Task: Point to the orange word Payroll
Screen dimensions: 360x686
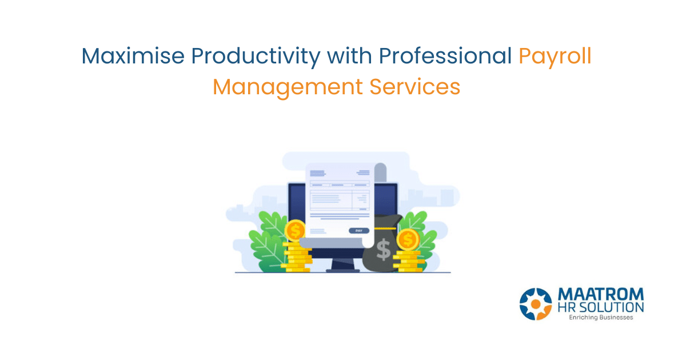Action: coord(555,56)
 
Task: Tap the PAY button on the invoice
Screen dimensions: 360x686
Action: coord(358,230)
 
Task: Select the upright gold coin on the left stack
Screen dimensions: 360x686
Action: coord(296,230)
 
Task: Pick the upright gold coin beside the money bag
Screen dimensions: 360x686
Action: coord(408,239)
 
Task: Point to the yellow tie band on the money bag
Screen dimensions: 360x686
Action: coord(384,228)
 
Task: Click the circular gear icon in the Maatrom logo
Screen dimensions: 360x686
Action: coord(536,303)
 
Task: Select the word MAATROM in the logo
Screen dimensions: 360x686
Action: coord(600,294)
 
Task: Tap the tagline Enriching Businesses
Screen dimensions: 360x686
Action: coord(600,318)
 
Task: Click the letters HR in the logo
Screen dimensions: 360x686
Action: coord(567,307)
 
